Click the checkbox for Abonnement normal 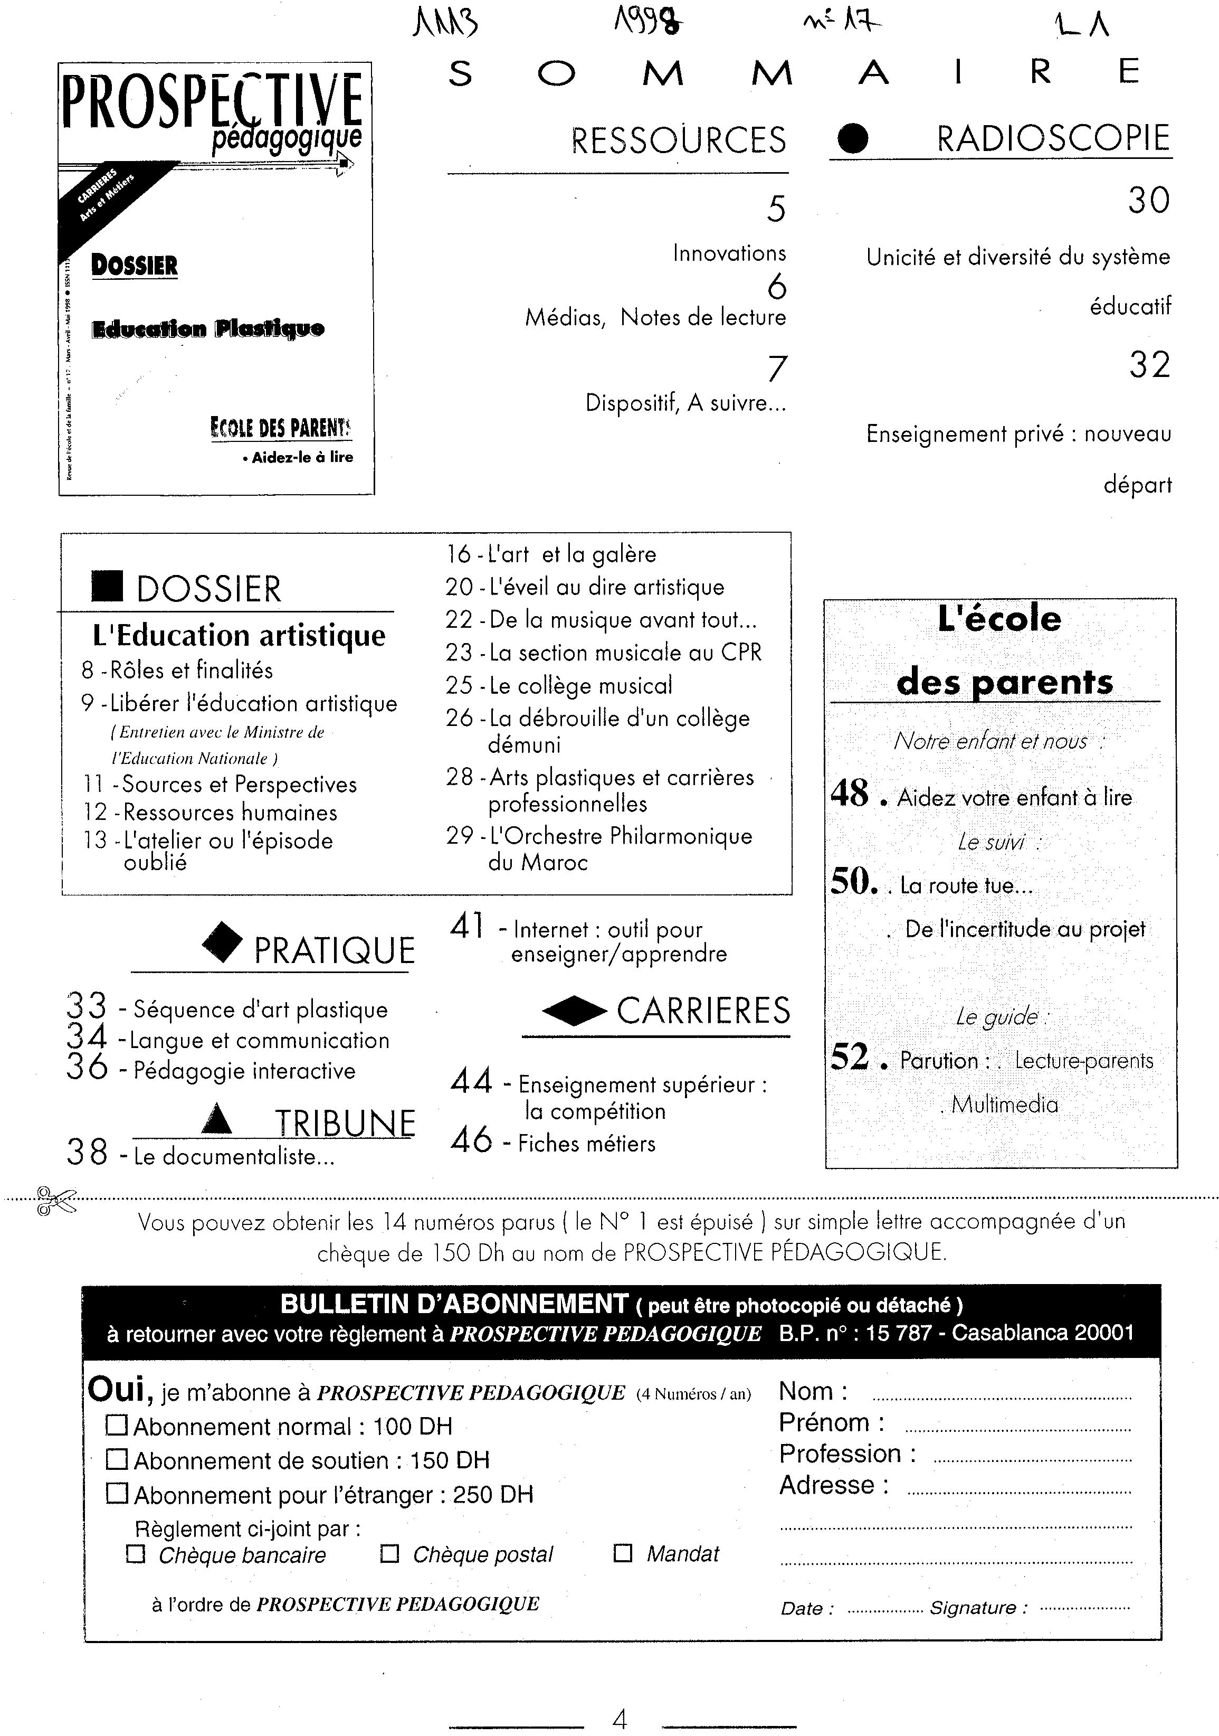point(117,1425)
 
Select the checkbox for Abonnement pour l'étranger point(117,1493)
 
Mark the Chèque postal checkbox point(389,1554)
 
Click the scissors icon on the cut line point(56,1201)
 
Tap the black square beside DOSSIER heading point(107,587)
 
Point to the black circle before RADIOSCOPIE point(853,138)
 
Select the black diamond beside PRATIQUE point(223,944)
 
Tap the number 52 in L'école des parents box point(850,1056)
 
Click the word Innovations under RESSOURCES point(729,253)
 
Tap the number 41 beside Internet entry point(467,926)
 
